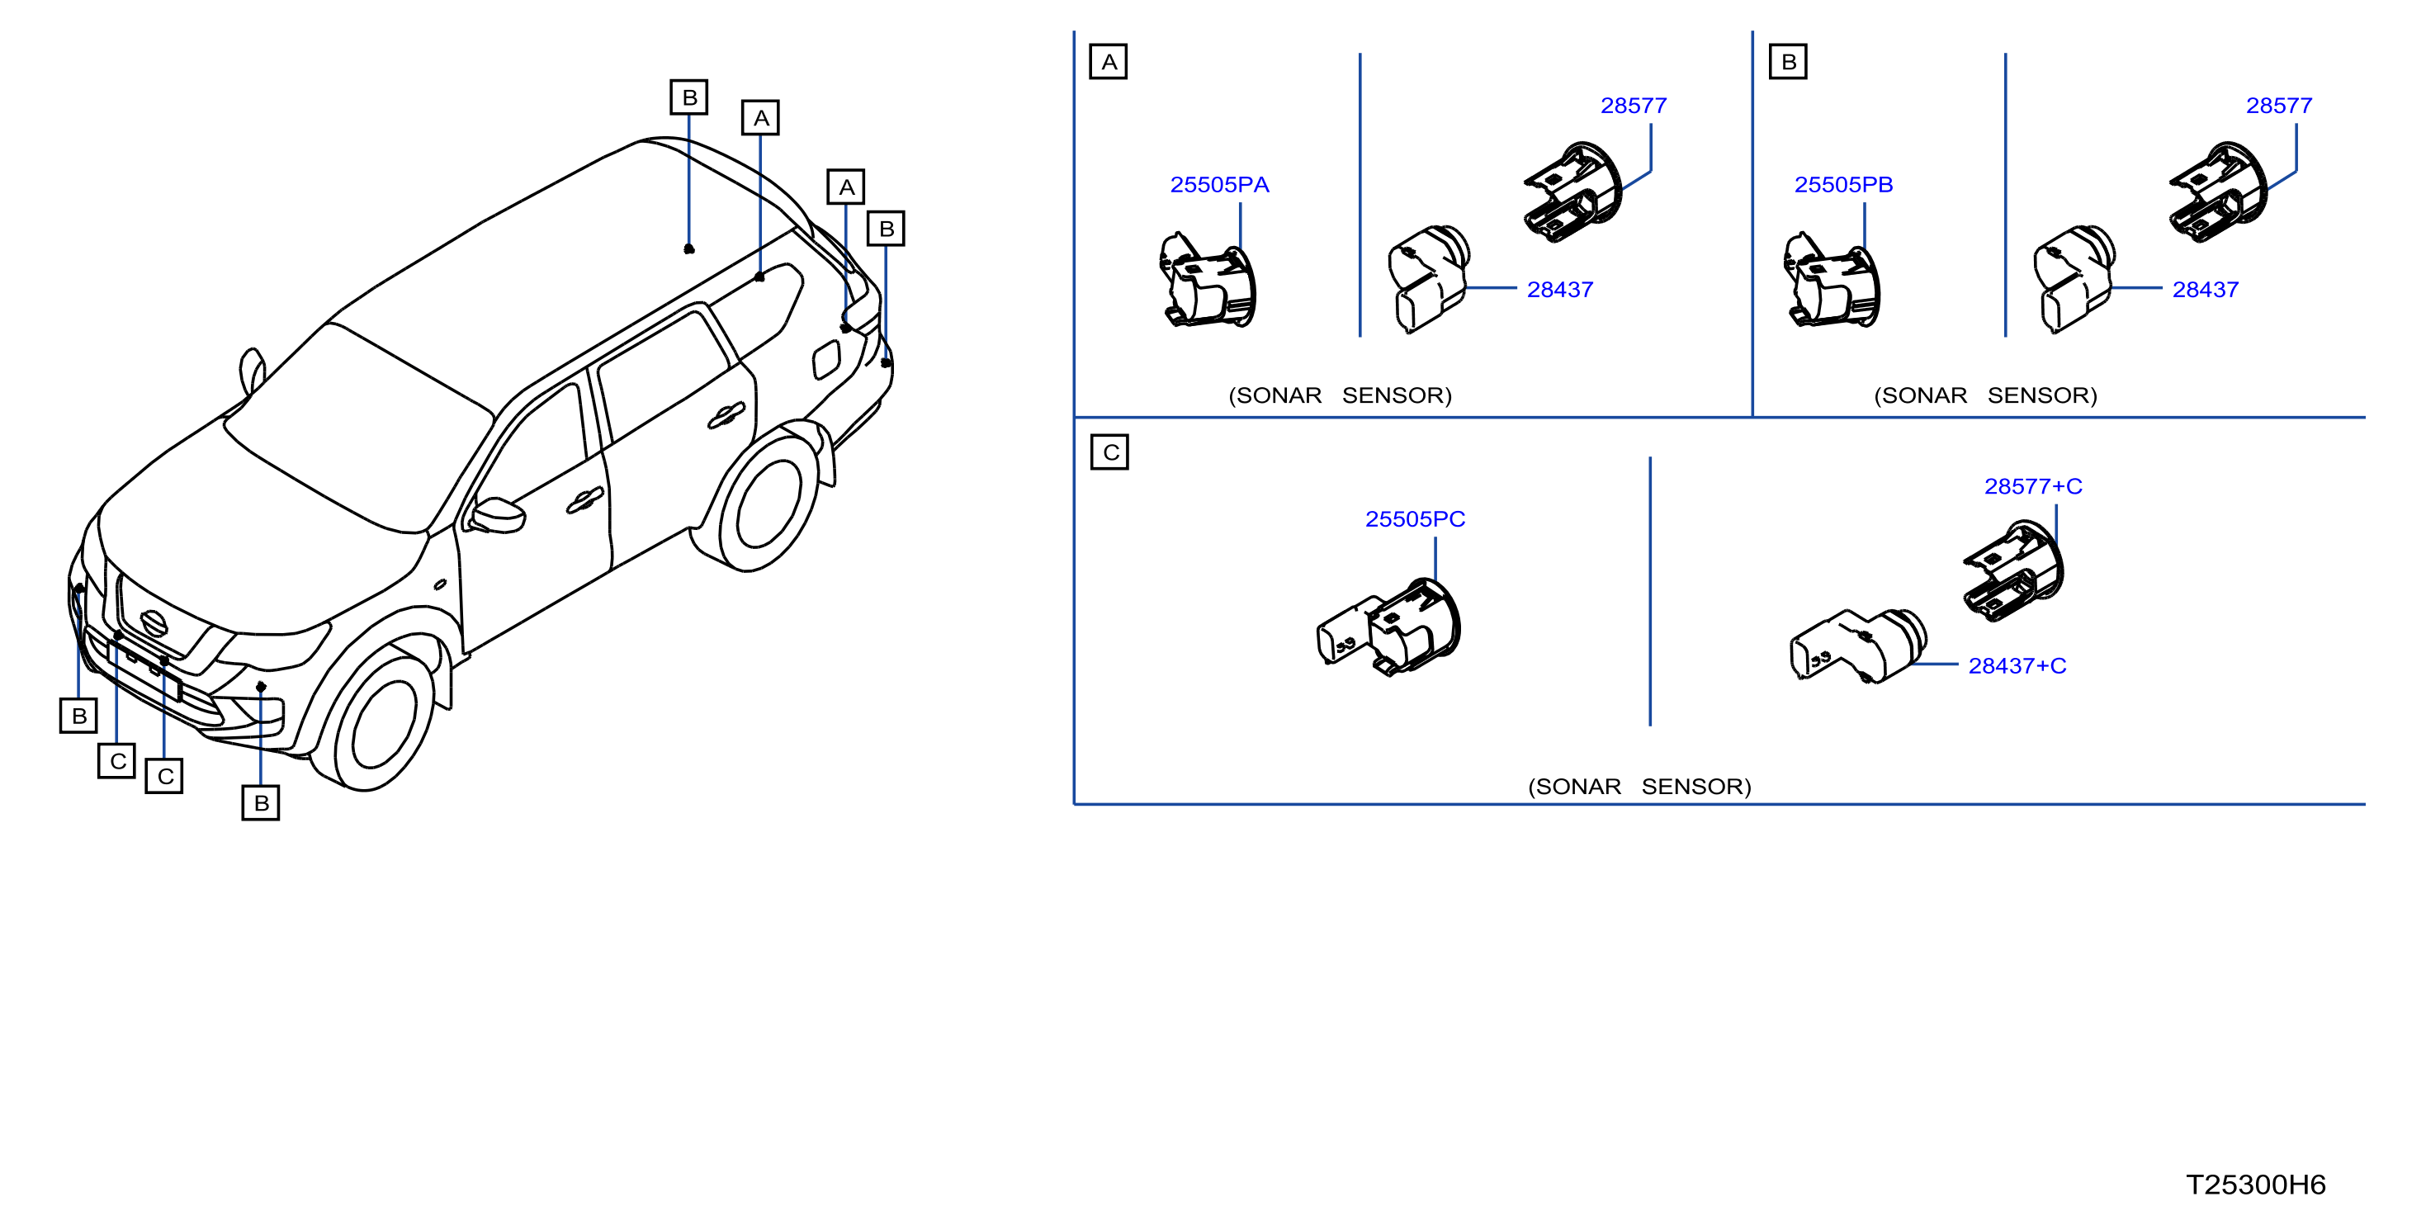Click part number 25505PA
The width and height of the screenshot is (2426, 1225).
pos(1219,185)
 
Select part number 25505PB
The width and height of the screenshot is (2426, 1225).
pos(1843,185)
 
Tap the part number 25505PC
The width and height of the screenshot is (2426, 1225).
pos(1415,519)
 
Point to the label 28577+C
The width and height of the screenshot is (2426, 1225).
pos(2033,486)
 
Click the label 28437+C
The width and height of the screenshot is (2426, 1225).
pos(2017,665)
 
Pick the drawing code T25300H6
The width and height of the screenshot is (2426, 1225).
pos(2255,1185)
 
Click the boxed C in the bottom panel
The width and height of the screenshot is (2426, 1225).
pos(1109,452)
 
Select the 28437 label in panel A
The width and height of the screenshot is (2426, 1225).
pos(1559,289)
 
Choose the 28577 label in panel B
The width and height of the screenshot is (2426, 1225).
pos(2279,106)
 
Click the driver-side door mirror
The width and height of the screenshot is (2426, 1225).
pos(496,514)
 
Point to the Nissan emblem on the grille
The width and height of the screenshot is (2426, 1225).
pos(154,622)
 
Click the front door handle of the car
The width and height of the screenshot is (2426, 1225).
pos(585,501)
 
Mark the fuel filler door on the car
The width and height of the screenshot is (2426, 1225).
pos(826,360)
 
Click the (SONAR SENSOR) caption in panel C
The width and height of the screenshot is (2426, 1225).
pos(1639,786)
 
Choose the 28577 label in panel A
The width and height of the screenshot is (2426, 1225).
pos(1633,106)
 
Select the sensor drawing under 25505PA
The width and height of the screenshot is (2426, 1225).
pos(1208,281)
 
